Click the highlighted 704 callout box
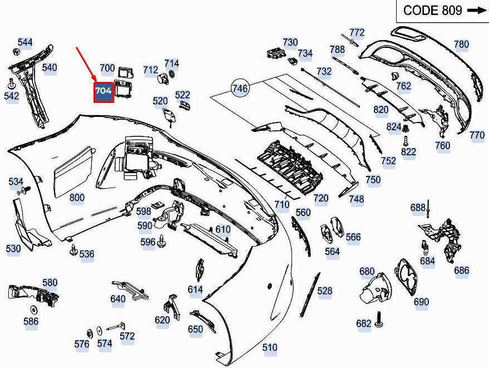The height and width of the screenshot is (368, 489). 103,92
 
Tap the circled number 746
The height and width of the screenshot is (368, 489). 240,89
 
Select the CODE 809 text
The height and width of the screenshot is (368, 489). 433,11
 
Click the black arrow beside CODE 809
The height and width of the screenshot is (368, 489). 477,11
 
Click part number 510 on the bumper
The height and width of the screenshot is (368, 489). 269,347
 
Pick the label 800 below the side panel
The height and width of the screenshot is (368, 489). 77,198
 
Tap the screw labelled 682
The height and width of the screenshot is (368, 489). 379,320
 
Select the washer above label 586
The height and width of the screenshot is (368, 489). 33,310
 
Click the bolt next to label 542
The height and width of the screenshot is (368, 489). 12,84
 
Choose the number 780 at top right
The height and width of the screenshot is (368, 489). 461,45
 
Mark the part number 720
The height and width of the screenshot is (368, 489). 321,198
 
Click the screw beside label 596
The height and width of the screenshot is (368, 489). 161,241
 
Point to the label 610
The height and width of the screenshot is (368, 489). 223,229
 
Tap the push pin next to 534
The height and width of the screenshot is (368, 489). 24,191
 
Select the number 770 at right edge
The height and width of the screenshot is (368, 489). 477,135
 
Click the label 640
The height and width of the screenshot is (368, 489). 118,299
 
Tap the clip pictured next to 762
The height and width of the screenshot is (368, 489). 395,76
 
